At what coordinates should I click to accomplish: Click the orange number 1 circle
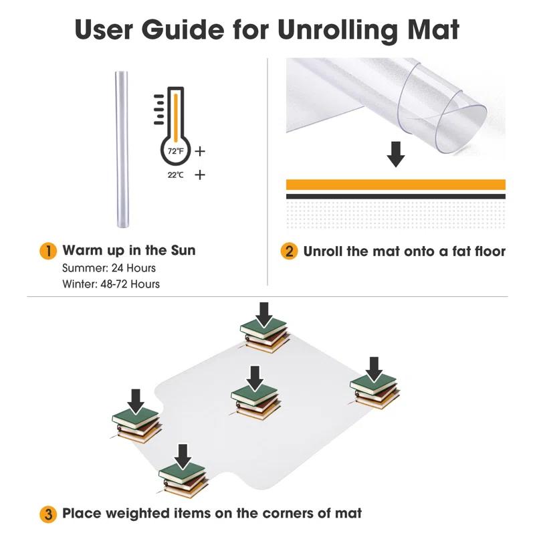point(48,251)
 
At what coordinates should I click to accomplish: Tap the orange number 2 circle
point(289,251)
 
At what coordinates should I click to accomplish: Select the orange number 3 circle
point(48,514)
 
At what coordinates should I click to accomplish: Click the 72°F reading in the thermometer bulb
point(176,150)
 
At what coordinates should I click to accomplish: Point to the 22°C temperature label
point(176,175)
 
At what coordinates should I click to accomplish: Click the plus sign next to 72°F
point(200,151)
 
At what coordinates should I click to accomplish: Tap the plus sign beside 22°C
point(200,175)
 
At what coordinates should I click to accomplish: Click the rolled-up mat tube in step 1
point(122,149)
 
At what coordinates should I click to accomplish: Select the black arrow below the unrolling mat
point(396,154)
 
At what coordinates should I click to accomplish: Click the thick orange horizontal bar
point(396,185)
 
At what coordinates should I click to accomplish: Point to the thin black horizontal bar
point(396,197)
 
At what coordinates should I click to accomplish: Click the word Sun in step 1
point(183,250)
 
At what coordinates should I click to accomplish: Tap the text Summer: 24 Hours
point(109,268)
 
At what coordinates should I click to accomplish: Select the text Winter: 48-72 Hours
point(111,284)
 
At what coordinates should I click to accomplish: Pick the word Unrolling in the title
point(337,30)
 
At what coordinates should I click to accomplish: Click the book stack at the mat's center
point(256,403)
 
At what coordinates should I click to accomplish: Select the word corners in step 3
point(291,514)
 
